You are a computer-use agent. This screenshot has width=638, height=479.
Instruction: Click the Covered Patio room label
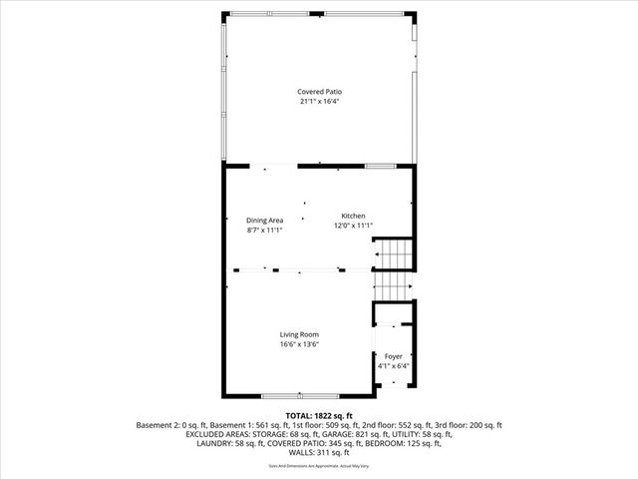click(319, 92)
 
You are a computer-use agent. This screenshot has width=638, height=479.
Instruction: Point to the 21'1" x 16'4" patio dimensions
click(319, 101)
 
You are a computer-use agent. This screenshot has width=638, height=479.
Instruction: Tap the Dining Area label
click(265, 220)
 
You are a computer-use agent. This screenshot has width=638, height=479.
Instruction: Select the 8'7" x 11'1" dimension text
click(265, 230)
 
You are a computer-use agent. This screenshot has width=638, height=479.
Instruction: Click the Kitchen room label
click(354, 216)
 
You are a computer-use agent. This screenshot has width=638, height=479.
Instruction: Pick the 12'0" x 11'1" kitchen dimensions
click(354, 226)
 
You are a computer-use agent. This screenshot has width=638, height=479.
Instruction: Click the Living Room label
click(299, 334)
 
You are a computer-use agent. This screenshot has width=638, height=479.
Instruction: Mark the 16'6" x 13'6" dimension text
click(299, 344)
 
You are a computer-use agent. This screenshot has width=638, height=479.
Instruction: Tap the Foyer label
click(394, 356)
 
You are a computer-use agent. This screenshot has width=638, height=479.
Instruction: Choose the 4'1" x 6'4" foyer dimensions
click(394, 366)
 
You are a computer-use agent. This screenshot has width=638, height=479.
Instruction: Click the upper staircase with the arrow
click(392, 254)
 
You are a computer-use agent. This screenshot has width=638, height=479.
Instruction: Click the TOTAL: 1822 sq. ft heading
click(319, 415)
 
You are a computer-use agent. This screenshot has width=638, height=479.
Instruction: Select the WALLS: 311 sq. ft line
click(319, 453)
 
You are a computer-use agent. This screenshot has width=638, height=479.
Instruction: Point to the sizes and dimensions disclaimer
click(319, 466)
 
